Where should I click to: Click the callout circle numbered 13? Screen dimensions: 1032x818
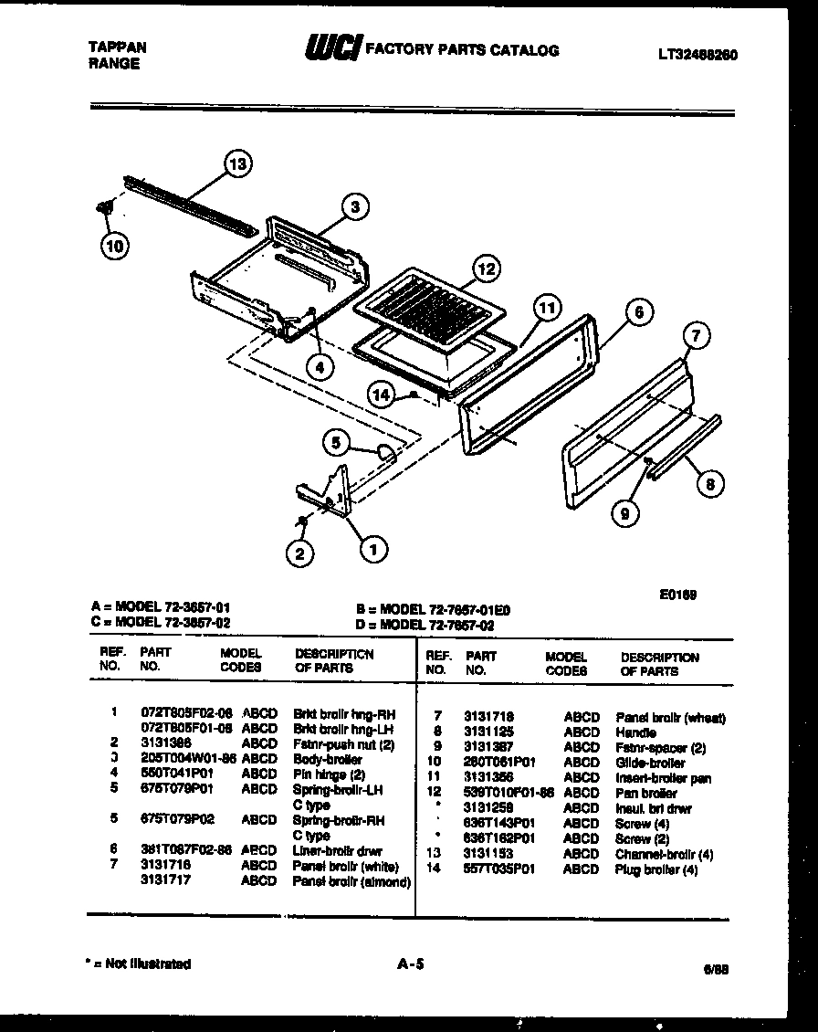tap(237, 165)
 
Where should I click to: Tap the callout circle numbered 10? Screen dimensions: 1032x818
tap(115, 244)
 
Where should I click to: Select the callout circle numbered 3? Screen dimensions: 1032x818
tap(355, 207)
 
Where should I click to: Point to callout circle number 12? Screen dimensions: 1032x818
tap(487, 269)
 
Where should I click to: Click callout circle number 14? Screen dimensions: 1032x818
tap(383, 394)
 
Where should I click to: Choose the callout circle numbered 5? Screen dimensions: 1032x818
tap(337, 444)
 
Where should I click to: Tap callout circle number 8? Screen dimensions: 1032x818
tap(709, 484)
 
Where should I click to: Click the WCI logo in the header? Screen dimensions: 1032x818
tap(332, 49)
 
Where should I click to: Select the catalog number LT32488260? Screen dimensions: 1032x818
tap(697, 55)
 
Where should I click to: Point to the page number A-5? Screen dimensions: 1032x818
tap(412, 963)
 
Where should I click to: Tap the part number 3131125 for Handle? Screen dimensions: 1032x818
tap(488, 732)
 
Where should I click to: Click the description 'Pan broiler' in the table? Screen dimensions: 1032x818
tap(645, 794)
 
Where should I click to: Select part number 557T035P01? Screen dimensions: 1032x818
tap(498, 869)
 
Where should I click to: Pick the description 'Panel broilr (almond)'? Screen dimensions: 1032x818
tap(351, 881)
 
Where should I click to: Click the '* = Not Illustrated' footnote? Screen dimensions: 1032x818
tap(137, 964)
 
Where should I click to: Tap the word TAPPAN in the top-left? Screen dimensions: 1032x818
tap(118, 47)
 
